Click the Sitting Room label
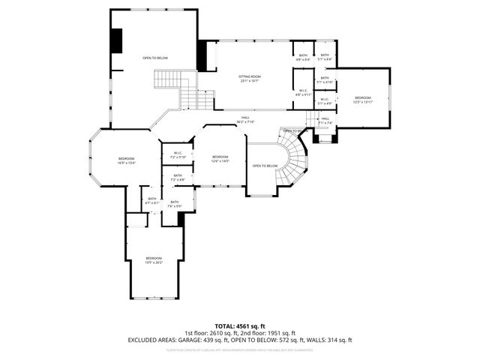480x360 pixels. (250, 78)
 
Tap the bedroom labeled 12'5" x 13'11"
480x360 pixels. (363, 100)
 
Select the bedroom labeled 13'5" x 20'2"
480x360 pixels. (154, 259)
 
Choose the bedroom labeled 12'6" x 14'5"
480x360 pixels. (220, 158)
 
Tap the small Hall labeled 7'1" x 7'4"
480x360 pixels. (325, 120)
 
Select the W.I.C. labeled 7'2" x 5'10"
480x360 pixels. (178, 155)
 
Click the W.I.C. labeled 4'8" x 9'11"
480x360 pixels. (303, 93)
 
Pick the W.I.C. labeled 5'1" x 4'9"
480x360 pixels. (324, 100)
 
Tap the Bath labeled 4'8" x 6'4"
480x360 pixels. (303, 57)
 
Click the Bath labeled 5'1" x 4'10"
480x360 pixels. (324, 79)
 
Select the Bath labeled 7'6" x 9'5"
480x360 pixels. (175, 203)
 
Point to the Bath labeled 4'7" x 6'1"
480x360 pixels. (151, 200)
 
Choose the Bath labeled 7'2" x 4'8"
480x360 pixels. (178, 178)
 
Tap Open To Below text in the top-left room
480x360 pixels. (156, 58)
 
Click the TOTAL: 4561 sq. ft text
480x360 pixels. (239, 326)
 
